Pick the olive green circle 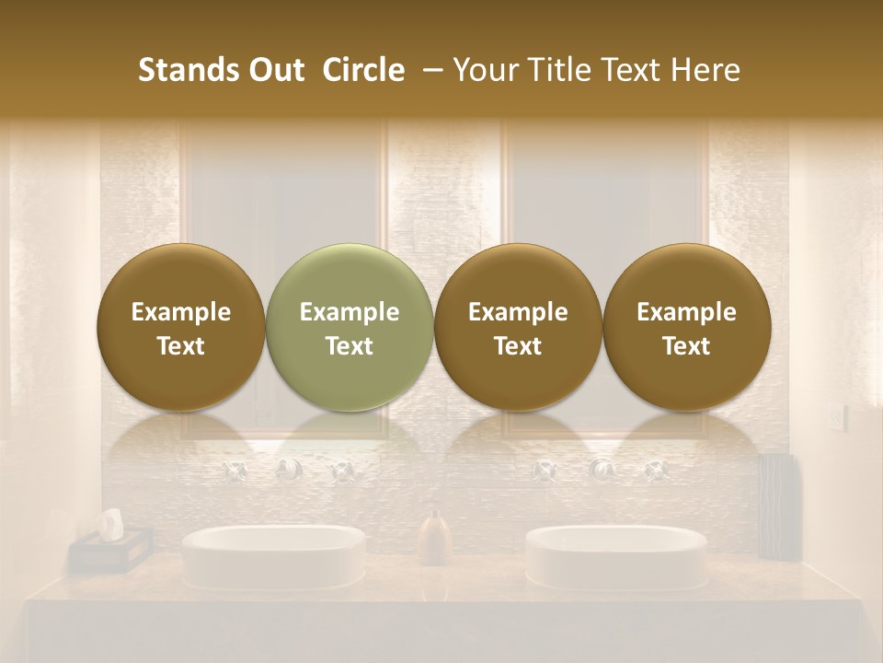pyautogui.click(x=350, y=328)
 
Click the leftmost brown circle pyautogui.click(x=181, y=328)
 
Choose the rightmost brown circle pyautogui.click(x=686, y=328)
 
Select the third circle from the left pyautogui.click(x=518, y=328)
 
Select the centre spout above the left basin pyautogui.click(x=288, y=471)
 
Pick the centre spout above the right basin pyautogui.click(x=602, y=471)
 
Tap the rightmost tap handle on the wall pyautogui.click(x=656, y=471)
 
